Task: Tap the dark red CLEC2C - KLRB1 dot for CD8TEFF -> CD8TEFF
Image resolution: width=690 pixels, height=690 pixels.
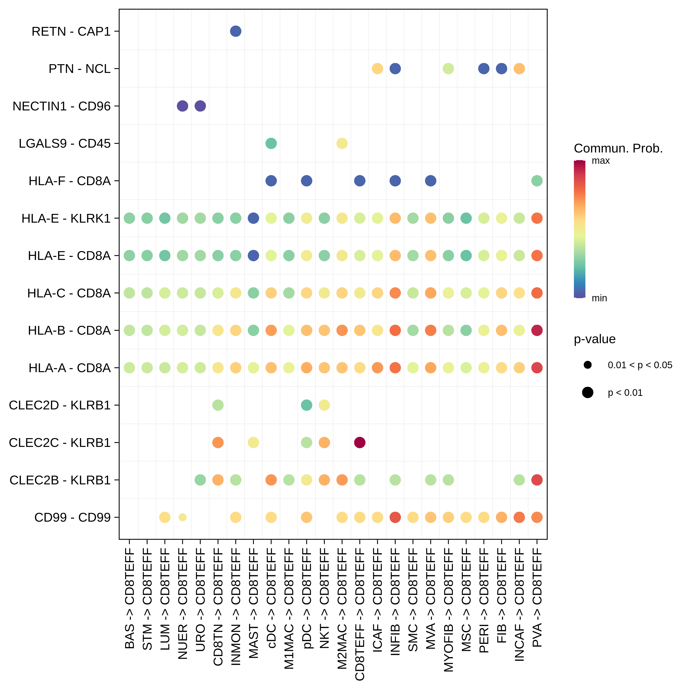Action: tap(360, 443)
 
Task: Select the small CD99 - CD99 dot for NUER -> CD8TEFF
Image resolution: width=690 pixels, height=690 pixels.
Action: tap(182, 517)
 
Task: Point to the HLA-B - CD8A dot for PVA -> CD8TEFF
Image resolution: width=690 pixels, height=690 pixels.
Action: tap(537, 330)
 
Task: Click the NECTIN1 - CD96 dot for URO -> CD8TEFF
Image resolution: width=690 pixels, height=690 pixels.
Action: tap(200, 106)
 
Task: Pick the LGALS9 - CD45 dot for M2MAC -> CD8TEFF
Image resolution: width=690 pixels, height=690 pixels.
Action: tap(342, 144)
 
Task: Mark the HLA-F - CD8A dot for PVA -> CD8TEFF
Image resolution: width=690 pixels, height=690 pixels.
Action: tap(537, 181)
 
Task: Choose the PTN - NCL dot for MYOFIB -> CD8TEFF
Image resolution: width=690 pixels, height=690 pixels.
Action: tap(448, 69)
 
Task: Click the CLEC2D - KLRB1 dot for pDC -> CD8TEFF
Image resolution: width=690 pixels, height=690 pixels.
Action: tap(306, 405)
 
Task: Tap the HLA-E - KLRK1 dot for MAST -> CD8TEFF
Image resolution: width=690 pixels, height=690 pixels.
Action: tap(253, 218)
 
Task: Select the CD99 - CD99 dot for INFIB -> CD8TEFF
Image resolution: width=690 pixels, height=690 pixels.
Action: tap(395, 517)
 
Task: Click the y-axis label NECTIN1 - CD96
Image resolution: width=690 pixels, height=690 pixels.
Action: tap(61, 106)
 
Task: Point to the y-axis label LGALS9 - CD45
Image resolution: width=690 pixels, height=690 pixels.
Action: tap(65, 144)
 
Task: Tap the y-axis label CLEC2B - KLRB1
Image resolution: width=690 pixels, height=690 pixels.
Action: tap(60, 480)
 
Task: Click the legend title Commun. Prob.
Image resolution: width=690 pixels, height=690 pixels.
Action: tap(618, 148)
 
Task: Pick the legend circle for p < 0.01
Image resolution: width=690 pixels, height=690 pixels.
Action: tap(587, 393)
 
